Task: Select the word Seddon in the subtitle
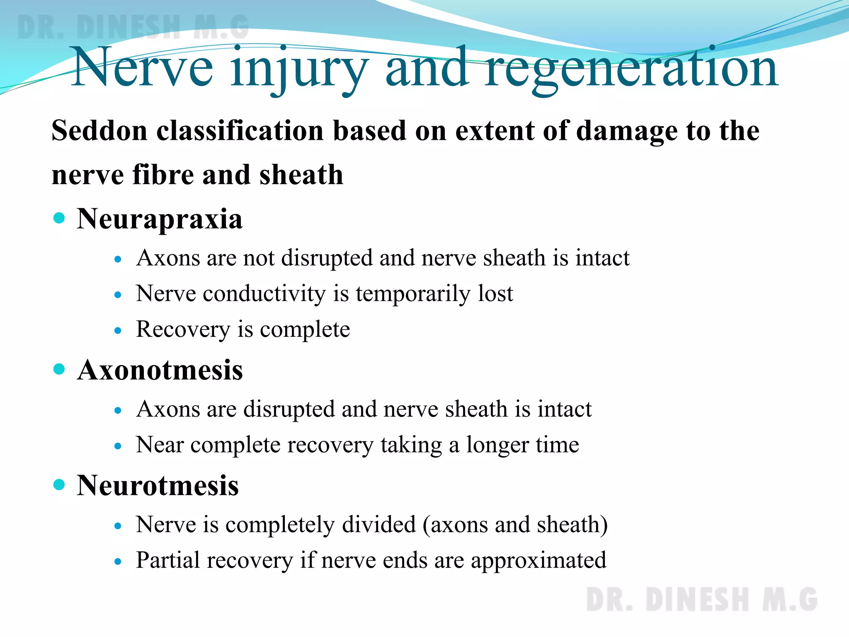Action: tap(99, 131)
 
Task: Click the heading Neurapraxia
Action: tap(160, 219)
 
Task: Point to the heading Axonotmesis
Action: tap(160, 370)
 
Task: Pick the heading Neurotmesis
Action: tap(158, 486)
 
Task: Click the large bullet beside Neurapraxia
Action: tap(60, 218)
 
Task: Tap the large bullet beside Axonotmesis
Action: tap(60, 369)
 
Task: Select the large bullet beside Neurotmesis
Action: tap(60, 484)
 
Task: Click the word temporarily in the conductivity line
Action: tap(413, 294)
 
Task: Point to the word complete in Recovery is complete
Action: tap(305, 330)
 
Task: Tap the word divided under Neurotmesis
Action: tap(379, 525)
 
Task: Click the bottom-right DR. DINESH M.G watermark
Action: tap(701, 600)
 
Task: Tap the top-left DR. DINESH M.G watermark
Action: tap(133, 27)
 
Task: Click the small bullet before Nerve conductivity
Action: tap(118, 295)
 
